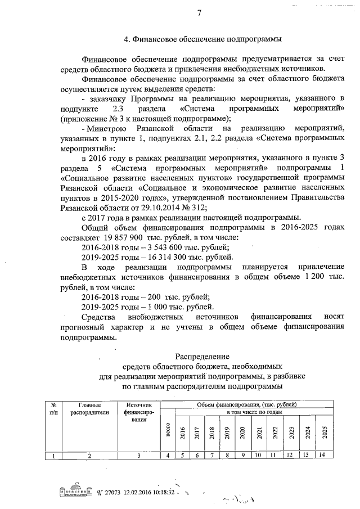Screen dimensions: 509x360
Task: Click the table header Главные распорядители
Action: point(89,409)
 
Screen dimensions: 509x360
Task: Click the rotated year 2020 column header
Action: point(242,432)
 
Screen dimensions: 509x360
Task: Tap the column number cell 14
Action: point(321,456)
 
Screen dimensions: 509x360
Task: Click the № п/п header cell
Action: point(53,409)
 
